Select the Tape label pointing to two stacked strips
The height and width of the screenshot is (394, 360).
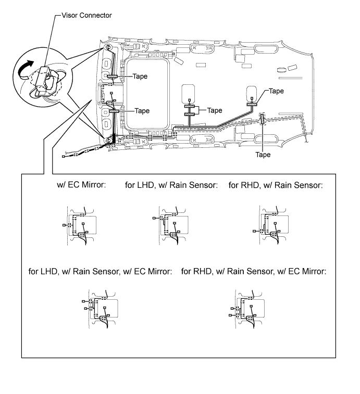(215, 110)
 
